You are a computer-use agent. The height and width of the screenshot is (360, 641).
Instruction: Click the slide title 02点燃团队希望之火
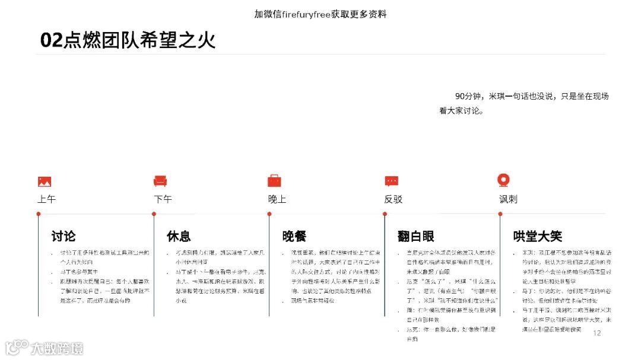[x=128, y=40]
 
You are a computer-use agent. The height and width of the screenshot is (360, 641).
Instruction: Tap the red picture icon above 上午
[x=45, y=181]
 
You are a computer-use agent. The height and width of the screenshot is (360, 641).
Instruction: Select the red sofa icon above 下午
[x=160, y=181]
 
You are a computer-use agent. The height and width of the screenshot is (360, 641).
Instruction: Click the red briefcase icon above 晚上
[x=274, y=180]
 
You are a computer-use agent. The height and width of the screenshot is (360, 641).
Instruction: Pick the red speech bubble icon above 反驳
[x=391, y=181]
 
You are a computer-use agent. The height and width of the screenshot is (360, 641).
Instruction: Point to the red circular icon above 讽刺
[x=504, y=180]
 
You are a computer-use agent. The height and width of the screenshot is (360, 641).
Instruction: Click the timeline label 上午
[x=46, y=199]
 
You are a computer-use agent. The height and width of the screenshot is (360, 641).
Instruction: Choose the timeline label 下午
[x=163, y=199]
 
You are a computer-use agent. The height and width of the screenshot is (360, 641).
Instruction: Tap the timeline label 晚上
[x=277, y=199]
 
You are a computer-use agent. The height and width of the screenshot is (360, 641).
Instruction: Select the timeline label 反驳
[x=393, y=199]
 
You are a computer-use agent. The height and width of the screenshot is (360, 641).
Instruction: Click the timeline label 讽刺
[x=508, y=199]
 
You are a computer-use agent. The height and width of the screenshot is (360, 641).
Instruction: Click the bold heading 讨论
[x=64, y=236]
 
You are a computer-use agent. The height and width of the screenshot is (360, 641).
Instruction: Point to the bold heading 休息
[x=179, y=236]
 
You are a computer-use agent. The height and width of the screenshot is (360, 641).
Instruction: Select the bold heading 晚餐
[x=294, y=236]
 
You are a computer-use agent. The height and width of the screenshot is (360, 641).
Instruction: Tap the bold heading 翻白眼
[x=416, y=236]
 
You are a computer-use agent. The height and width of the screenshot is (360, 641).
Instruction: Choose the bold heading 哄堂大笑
[x=537, y=236]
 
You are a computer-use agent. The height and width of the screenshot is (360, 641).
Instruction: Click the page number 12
[x=597, y=333]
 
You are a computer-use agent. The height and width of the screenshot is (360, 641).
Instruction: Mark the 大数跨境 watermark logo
[x=45, y=348]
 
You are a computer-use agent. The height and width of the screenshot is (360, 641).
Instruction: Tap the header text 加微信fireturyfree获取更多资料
[x=320, y=14]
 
